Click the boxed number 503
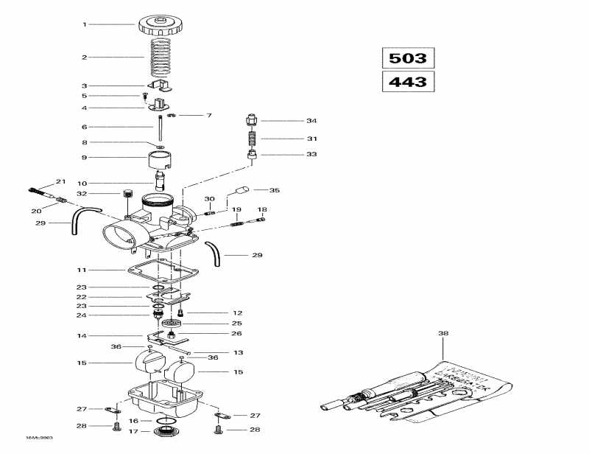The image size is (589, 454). pos(408,58)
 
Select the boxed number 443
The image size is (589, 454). pos(408,81)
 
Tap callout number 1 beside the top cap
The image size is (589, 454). pos(85,24)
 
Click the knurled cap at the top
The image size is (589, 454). pos(161,25)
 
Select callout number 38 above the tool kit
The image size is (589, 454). pos(443,334)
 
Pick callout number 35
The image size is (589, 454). pos(275,190)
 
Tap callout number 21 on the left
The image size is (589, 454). pos(60,182)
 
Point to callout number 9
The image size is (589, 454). pos(85,157)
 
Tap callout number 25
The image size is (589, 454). pos(237,323)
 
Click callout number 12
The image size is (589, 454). pos(237,312)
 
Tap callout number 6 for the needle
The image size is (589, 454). pos(85,127)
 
